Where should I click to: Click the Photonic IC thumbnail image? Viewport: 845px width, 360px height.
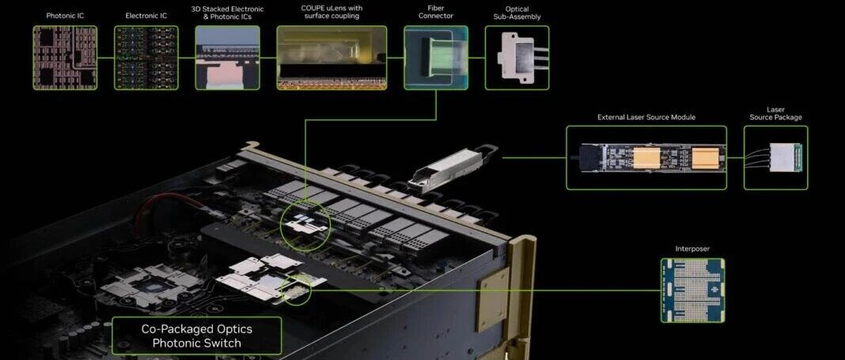[65, 58]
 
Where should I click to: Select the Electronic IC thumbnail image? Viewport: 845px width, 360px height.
[146, 58]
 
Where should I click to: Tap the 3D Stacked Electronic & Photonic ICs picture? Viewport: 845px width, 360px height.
[227, 58]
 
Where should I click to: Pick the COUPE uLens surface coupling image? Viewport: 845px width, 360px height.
[332, 58]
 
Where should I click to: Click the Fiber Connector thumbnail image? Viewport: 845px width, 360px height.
[436, 58]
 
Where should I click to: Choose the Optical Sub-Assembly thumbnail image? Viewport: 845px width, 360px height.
[517, 58]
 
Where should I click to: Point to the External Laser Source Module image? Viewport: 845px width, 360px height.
[646, 158]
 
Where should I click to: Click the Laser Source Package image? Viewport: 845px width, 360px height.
[776, 158]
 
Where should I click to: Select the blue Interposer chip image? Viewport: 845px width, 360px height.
[692, 290]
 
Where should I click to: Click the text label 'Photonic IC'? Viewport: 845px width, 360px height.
[65, 16]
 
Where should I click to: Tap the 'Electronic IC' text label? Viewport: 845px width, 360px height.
[146, 16]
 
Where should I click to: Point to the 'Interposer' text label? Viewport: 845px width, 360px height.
[692, 249]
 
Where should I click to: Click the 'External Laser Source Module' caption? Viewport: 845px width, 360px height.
[646, 117]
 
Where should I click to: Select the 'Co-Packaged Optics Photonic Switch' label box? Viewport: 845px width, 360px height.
[197, 335]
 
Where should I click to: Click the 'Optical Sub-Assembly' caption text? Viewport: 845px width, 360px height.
[517, 13]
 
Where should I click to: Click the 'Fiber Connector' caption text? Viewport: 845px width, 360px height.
[436, 13]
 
